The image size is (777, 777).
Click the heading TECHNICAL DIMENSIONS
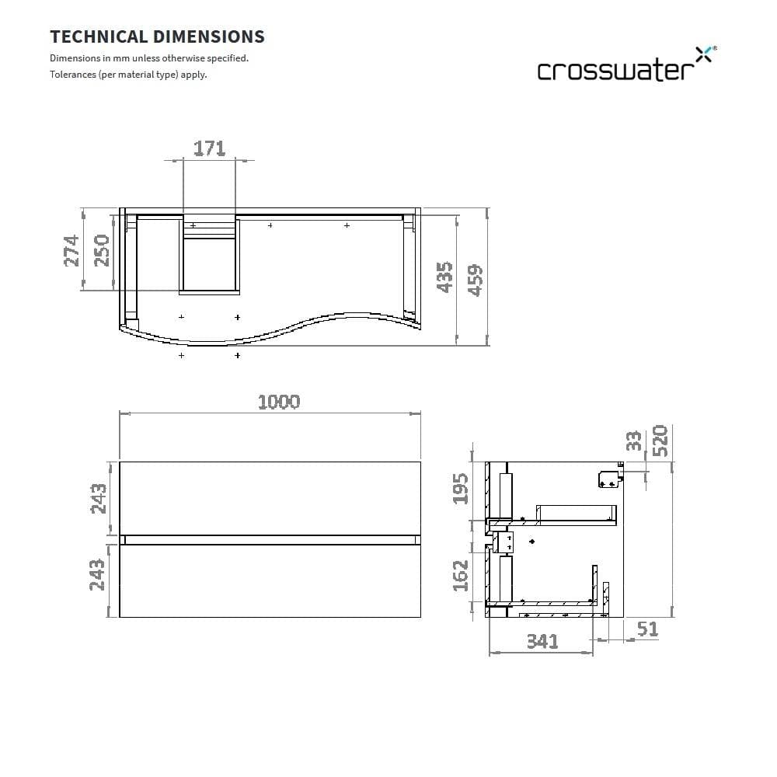[157, 37]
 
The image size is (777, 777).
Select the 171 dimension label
[209, 148]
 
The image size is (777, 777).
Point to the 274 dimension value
[71, 250]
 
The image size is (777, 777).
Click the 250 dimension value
[102, 250]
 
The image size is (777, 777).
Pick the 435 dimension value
[444, 277]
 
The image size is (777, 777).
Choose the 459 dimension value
[475, 277]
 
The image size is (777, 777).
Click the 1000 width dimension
[278, 402]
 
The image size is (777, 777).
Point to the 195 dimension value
[461, 488]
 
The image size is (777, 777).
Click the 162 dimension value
[461, 575]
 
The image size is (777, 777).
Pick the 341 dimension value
[542, 641]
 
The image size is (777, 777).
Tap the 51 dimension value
[646, 629]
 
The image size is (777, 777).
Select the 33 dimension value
[634, 441]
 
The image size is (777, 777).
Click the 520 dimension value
[660, 441]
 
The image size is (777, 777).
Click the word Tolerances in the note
[73, 75]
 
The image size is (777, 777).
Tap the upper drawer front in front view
[270, 498]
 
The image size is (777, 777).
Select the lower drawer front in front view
[270, 580]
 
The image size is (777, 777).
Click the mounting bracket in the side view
[610, 479]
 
